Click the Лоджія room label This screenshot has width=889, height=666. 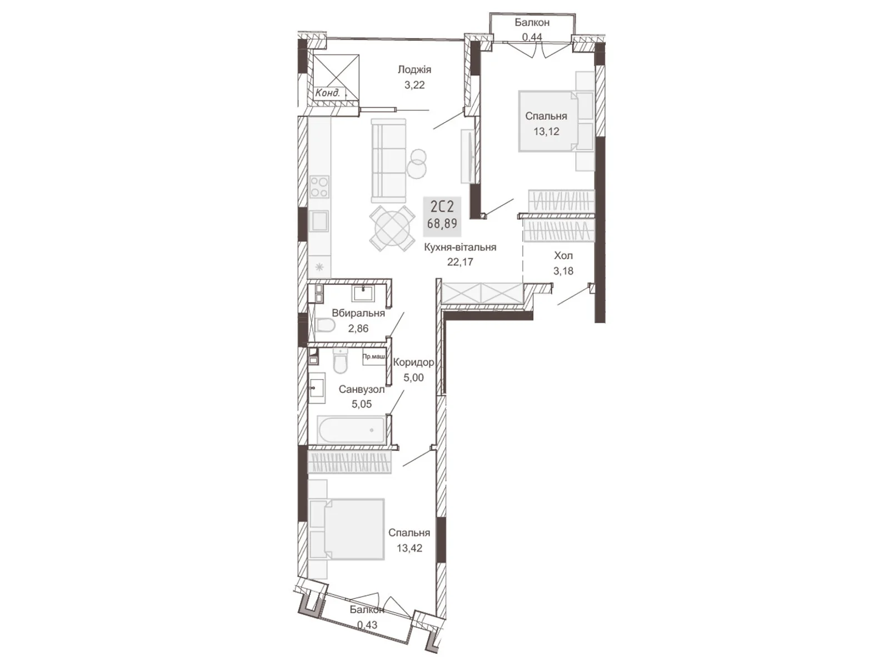[x=414, y=69]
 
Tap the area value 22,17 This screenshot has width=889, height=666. [x=460, y=262]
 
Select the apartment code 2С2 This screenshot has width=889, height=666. [x=442, y=207]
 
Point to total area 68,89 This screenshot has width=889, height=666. [x=442, y=223]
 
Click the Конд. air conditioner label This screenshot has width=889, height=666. [x=327, y=93]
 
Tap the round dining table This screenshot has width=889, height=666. [x=392, y=228]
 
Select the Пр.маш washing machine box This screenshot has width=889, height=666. [x=373, y=357]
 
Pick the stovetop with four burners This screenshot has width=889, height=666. [x=319, y=186]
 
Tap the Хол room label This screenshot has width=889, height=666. [x=563, y=256]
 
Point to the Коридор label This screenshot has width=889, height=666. [x=413, y=362]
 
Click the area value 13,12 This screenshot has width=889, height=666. [x=546, y=132]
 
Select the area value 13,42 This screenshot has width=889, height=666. [x=409, y=548]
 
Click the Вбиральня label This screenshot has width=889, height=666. [x=358, y=313]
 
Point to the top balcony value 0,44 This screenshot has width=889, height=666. [x=531, y=37]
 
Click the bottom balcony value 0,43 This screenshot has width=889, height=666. [x=367, y=624]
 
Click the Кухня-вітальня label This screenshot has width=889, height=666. [x=460, y=248]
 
